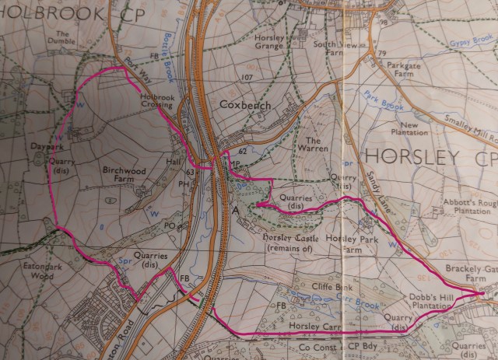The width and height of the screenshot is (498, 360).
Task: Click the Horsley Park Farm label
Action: click(345, 244)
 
